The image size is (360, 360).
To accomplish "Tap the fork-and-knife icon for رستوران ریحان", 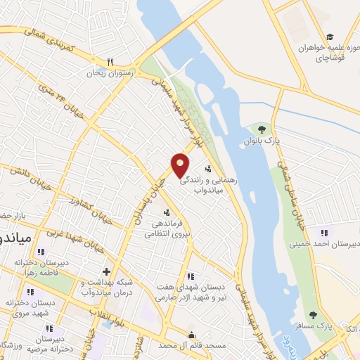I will pos(110,61).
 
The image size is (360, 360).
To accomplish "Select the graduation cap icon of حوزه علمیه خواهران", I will pos(330,37).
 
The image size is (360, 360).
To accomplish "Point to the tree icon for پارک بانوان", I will pos(262,129).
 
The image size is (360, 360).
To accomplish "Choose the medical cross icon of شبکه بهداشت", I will pos(106,271).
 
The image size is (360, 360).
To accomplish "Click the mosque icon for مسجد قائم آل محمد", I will pos(191,333).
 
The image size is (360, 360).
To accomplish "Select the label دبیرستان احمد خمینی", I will pos(324,244).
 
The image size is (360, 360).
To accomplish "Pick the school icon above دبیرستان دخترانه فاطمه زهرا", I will pos(41,251).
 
